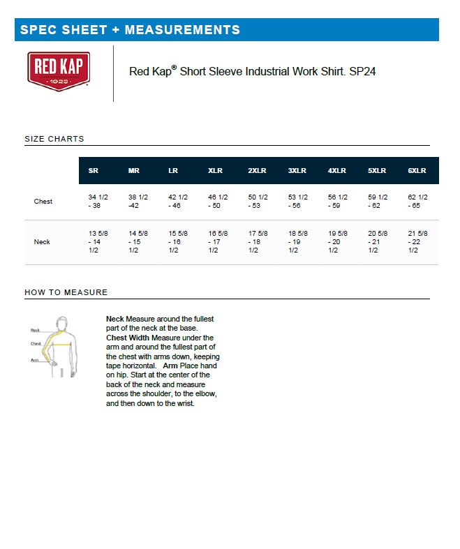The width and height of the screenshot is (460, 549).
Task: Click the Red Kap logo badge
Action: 59,71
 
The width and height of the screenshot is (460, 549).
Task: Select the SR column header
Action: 93,171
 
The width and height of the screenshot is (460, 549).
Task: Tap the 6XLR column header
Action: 417,171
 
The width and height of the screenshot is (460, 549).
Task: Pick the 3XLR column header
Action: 297,171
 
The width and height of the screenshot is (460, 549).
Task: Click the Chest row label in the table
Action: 43,202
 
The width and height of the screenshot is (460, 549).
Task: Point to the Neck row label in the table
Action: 42,242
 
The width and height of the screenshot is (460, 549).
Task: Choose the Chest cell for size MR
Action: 138,202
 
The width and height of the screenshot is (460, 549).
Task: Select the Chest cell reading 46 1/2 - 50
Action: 218,202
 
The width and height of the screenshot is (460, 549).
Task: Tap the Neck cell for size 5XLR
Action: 378,241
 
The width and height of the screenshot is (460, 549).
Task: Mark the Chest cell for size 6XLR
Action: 417,202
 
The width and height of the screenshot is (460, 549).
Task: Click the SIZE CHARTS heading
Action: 54,139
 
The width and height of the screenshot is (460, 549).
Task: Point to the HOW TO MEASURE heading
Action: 66,292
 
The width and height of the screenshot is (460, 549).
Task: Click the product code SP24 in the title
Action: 364,71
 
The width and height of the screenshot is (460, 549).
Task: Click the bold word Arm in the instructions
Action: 170,366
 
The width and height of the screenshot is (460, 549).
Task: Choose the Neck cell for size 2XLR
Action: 258,241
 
